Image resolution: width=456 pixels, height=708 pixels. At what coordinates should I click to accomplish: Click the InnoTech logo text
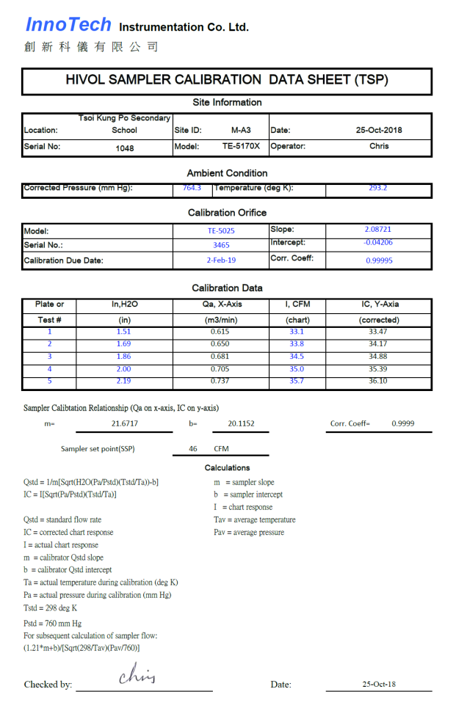tap(68, 25)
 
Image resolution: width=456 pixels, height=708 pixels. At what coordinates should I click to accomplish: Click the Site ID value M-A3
tap(241, 130)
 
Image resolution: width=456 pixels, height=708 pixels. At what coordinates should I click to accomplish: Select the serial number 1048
tap(125, 147)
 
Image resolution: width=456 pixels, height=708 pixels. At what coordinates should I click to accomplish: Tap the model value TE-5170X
tap(241, 146)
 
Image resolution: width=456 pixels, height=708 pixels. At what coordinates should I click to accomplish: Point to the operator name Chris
tap(379, 146)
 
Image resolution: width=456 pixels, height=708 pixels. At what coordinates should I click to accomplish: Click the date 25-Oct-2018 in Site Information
tap(379, 130)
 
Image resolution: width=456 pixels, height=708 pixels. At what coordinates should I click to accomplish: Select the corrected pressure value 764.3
tap(192, 188)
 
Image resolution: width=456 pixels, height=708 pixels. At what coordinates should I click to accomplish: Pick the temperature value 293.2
tap(378, 188)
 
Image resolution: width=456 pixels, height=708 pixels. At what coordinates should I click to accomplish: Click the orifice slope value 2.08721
tap(378, 230)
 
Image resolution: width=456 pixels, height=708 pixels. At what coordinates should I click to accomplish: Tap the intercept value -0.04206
tap(378, 242)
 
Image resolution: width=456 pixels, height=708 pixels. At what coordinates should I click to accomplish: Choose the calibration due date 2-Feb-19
tap(220, 260)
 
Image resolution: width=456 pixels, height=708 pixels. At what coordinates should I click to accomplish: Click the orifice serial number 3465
tap(220, 245)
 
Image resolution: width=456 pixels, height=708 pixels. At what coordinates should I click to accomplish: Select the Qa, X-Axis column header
tap(220, 304)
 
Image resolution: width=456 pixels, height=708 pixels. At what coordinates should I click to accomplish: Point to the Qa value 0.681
tap(220, 357)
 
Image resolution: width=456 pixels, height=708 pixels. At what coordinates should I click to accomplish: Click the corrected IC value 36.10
tap(378, 382)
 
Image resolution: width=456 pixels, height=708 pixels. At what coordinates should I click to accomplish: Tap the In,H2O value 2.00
tap(124, 369)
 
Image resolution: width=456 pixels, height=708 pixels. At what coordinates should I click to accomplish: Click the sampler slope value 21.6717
tap(124, 423)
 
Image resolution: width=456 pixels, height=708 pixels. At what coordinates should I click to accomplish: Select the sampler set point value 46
tap(193, 448)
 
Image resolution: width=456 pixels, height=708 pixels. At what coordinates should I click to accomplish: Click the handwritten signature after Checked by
tap(137, 675)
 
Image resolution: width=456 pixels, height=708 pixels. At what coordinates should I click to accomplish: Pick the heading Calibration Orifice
tap(227, 213)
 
